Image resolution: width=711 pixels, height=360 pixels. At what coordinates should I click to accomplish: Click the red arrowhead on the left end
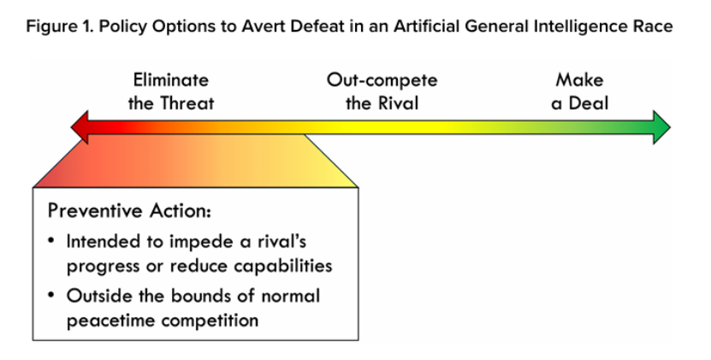tap(80, 127)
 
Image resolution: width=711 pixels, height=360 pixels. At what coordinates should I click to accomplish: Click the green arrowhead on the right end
tap(661, 127)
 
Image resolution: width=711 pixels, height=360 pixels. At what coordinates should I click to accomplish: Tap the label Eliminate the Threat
tap(171, 91)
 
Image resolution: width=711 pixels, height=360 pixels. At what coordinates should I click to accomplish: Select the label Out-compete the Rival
tap(382, 91)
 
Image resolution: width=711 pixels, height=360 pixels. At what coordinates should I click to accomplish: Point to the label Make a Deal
tap(579, 91)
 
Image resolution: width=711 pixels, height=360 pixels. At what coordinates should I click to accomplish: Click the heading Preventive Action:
tap(130, 211)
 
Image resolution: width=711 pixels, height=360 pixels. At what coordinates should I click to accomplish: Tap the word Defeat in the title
tap(317, 27)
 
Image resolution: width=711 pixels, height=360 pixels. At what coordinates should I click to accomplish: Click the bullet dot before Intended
tap(51, 240)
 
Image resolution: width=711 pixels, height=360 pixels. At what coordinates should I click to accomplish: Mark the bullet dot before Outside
tap(51, 295)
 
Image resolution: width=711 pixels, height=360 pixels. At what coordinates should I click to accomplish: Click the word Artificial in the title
tap(427, 27)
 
